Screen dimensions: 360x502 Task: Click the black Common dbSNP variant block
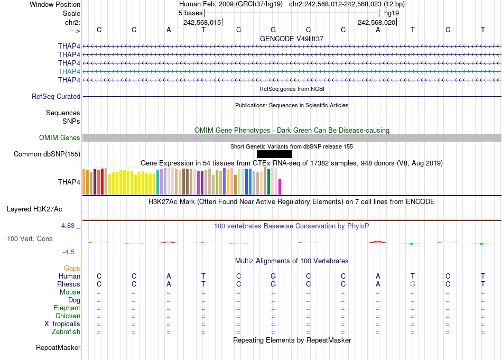274,154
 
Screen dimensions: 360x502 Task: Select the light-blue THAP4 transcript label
69,71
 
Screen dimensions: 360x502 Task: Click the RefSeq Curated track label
56,97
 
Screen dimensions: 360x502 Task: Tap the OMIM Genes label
60,138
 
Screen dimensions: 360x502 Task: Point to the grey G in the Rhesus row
413,284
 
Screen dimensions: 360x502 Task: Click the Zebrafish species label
66,332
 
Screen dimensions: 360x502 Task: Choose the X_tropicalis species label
62,324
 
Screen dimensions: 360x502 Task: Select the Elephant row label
67,308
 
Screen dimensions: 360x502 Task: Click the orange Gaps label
72,269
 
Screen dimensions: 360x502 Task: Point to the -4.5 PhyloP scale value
71,252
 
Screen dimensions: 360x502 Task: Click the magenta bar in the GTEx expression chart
280,187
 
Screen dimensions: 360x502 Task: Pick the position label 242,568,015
202,23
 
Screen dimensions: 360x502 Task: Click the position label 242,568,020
376,23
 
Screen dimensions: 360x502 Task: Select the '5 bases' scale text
190,13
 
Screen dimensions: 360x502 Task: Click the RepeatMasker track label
58,348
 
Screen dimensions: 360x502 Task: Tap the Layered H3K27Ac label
34,209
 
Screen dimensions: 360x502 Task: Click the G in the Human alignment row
273,276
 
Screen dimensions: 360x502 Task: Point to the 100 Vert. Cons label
30,239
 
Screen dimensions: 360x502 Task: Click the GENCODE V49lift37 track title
292,39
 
